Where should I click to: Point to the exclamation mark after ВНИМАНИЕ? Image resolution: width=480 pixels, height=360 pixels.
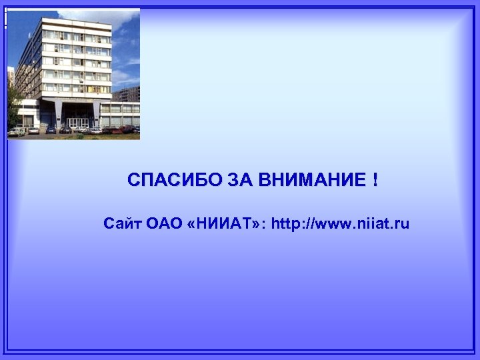tap(375, 180)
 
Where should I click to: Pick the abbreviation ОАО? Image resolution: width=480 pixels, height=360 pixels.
tap(164, 223)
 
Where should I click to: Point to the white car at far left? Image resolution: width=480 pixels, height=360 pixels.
tap(16, 131)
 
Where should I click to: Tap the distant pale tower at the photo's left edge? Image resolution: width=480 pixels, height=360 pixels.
tap(11, 77)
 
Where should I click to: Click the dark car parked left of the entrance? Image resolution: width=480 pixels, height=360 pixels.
tap(50, 130)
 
